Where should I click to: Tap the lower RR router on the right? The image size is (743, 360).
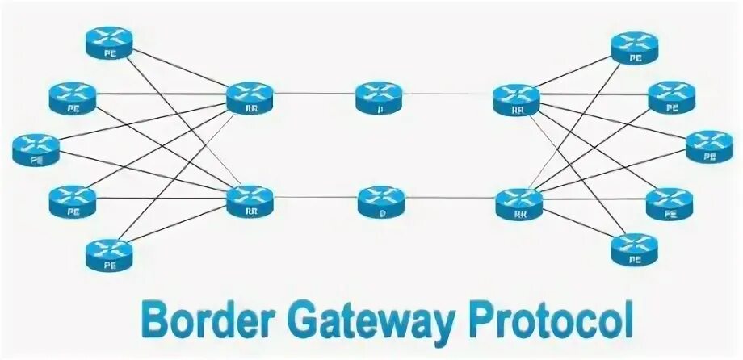(x=516, y=202)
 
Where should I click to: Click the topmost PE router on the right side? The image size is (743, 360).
(x=635, y=47)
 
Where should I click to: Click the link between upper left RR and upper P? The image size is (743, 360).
(x=315, y=95)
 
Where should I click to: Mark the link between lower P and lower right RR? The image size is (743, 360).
(x=448, y=199)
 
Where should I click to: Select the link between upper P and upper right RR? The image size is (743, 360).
(x=448, y=94)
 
